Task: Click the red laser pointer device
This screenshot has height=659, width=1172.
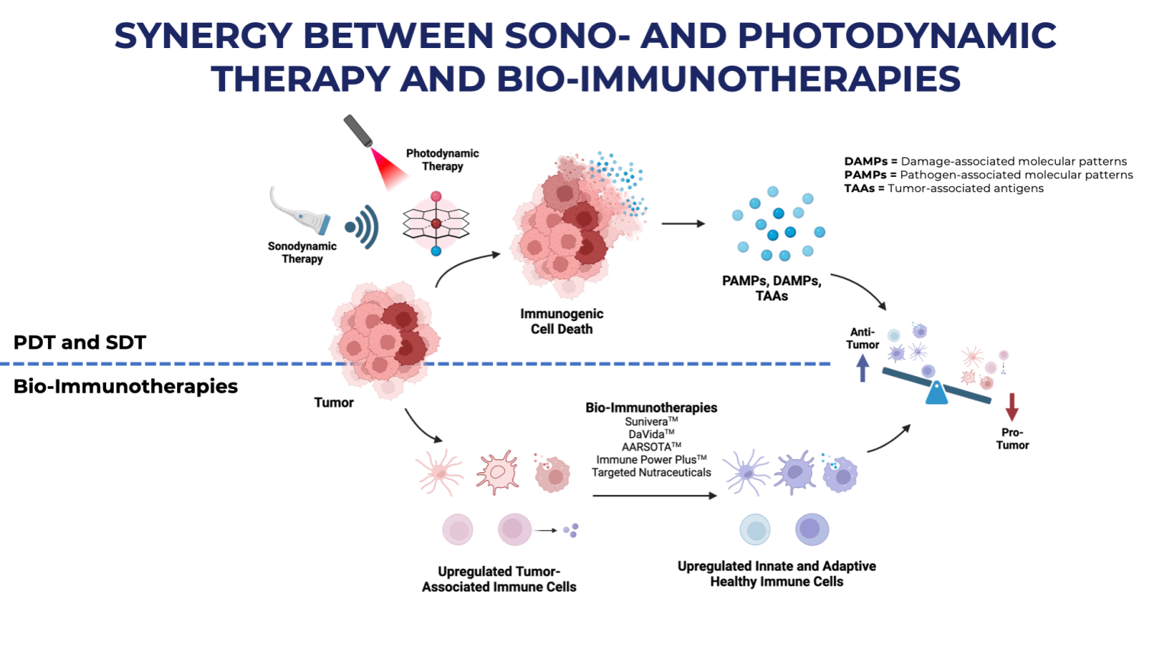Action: pyautogui.click(x=358, y=130)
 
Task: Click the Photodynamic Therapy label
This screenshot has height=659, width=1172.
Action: pyautogui.click(x=443, y=160)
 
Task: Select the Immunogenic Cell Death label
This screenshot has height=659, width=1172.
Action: pyautogui.click(x=562, y=321)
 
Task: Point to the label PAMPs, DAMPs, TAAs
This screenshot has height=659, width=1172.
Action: pyautogui.click(x=771, y=288)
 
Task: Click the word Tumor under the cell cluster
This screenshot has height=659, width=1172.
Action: pyautogui.click(x=334, y=403)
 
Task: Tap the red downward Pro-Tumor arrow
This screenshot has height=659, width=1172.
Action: pyautogui.click(x=1012, y=407)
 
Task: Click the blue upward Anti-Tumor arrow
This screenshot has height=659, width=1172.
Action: pyautogui.click(x=862, y=369)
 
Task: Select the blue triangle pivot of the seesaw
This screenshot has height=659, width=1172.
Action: pyautogui.click(x=936, y=393)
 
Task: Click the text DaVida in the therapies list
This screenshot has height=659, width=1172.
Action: pyautogui.click(x=648, y=434)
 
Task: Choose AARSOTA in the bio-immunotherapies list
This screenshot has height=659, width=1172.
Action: pyautogui.click(x=648, y=447)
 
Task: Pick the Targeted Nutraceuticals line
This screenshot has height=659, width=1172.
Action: pyautogui.click(x=652, y=473)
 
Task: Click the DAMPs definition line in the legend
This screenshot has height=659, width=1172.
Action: pyautogui.click(x=985, y=162)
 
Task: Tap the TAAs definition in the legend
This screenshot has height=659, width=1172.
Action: pyautogui.click(x=944, y=188)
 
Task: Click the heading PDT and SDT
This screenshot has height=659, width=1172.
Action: pyautogui.click(x=80, y=342)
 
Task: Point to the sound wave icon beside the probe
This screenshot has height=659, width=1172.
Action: pyautogui.click(x=362, y=227)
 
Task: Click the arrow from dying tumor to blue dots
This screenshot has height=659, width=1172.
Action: pyautogui.click(x=683, y=224)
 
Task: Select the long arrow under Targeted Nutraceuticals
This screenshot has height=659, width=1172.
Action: pyautogui.click(x=655, y=496)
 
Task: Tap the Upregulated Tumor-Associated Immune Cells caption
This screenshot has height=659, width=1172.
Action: pyautogui.click(x=499, y=579)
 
